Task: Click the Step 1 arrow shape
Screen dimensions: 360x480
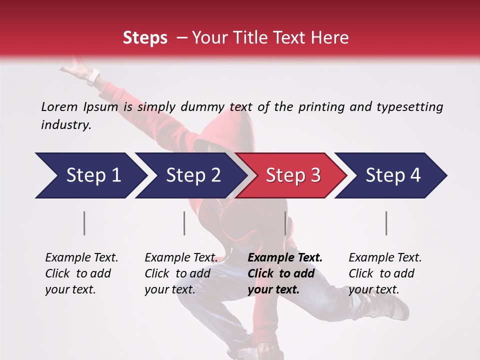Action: click(90, 175)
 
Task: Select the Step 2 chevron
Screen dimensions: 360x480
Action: click(192, 175)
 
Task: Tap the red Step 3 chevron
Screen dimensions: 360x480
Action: click(292, 175)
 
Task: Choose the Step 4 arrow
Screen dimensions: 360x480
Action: click(392, 175)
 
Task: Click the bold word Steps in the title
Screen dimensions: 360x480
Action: click(145, 37)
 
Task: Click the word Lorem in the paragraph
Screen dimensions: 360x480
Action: click(59, 106)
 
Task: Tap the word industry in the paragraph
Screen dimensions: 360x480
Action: click(65, 125)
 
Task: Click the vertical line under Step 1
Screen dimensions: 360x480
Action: click(84, 223)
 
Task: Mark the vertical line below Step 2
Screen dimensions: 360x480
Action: click(184, 223)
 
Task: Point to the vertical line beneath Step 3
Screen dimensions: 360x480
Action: click(285, 223)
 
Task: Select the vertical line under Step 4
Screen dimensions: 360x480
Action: click(386, 223)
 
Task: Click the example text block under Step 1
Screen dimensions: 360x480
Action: click(81, 273)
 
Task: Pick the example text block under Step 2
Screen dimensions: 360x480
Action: click(181, 273)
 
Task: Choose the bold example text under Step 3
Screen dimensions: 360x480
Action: click(285, 273)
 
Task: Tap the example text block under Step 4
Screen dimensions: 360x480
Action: click(385, 273)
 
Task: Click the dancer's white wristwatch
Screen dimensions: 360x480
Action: click(93, 77)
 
